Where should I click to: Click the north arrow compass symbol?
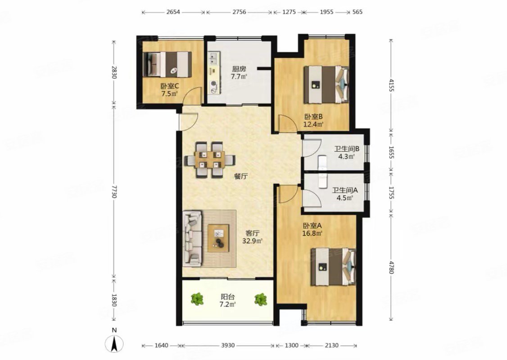pos(114,343)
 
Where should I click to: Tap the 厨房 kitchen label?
pos(239,69)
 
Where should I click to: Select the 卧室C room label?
pos(170,86)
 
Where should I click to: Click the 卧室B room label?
pos(313,117)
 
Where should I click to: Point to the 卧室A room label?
pos(312,225)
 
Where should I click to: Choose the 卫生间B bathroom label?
pos(347,149)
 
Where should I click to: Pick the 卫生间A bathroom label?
pos(345,190)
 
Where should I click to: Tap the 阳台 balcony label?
pos(228,297)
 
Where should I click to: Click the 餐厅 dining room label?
pos(241,176)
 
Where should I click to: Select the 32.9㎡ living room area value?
pos(252,241)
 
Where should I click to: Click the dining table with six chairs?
pos(210,160)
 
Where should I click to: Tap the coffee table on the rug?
pos(218,238)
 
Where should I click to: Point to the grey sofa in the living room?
pos(193,239)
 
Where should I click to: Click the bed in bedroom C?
pos(167,64)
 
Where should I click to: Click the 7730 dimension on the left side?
pos(113,190)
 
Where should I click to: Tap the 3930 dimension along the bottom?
pos(228,346)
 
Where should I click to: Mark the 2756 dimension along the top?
pos(239,12)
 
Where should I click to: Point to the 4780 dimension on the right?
pos(392,267)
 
